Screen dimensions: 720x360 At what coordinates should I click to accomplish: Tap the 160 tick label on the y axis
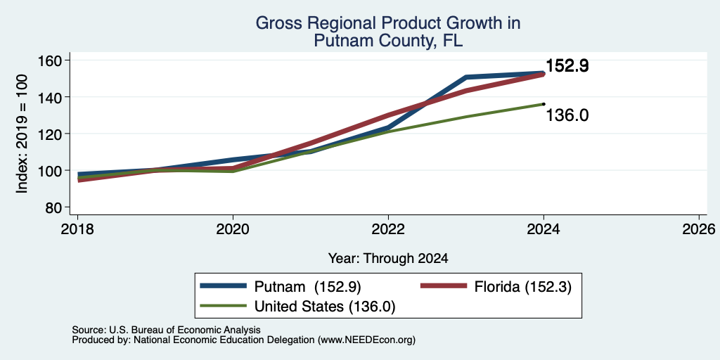coord(50,60)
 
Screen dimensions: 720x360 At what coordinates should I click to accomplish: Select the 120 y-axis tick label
coord(50,134)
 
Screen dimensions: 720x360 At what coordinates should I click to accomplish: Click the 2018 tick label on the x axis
coord(77,229)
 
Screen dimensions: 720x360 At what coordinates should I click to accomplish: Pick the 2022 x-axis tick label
coord(388,229)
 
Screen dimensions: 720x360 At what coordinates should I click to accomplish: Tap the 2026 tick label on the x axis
coord(698,229)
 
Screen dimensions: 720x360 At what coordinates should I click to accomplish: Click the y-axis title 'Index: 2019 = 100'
coord(22,134)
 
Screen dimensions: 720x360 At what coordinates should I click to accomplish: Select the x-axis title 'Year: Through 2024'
coord(388,259)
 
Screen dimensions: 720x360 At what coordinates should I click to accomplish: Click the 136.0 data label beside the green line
coord(567,115)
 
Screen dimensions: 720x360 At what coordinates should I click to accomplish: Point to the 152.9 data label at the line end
coord(567,67)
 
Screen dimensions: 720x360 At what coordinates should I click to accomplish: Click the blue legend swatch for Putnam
coord(224,286)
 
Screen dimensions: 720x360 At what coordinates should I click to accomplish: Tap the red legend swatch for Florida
coord(444,286)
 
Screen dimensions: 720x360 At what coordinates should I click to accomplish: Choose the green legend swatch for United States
coord(224,306)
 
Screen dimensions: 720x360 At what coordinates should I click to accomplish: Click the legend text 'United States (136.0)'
coord(325,307)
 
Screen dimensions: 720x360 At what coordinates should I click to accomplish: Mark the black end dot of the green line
coord(544,104)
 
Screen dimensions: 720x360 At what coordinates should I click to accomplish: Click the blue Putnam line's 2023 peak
coord(466,77)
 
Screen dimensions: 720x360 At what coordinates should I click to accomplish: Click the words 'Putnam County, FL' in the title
coord(388,41)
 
